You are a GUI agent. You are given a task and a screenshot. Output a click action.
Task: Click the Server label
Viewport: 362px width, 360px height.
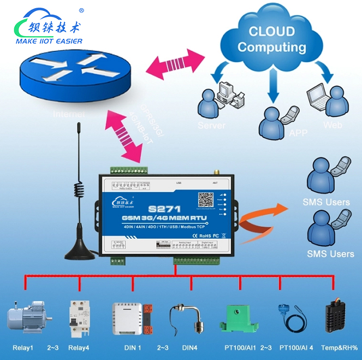point(211,126)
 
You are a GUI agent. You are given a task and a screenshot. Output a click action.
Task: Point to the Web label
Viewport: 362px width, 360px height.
point(333,125)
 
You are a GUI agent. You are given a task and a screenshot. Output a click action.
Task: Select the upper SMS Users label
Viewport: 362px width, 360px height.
point(326,202)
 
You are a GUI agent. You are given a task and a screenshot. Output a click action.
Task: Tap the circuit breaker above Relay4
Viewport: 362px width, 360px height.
point(77,316)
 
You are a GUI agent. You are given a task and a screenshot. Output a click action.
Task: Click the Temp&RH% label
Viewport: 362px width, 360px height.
point(339,347)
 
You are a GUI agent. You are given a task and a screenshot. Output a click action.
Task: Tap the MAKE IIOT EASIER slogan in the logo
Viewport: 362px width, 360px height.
point(50,41)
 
